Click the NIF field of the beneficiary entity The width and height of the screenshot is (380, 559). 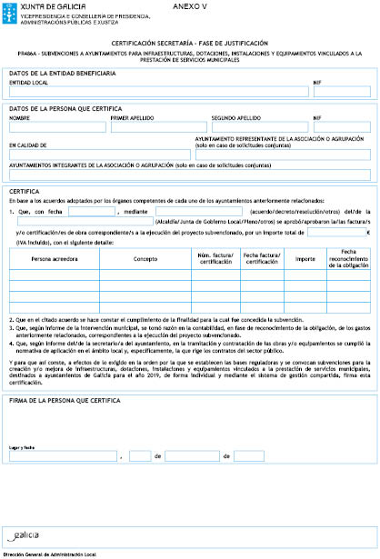[342, 92]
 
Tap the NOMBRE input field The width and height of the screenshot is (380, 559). [56, 127]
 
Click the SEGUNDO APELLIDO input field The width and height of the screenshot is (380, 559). [259, 127]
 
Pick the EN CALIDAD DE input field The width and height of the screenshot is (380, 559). [99, 154]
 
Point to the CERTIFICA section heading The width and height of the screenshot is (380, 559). [23, 191]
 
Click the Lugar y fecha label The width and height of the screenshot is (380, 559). [22, 446]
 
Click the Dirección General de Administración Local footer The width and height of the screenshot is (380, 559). [49, 553]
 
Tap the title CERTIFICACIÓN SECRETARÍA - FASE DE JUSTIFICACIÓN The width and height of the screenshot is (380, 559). [189, 44]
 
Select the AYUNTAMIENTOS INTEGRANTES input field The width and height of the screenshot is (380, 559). [189, 175]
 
